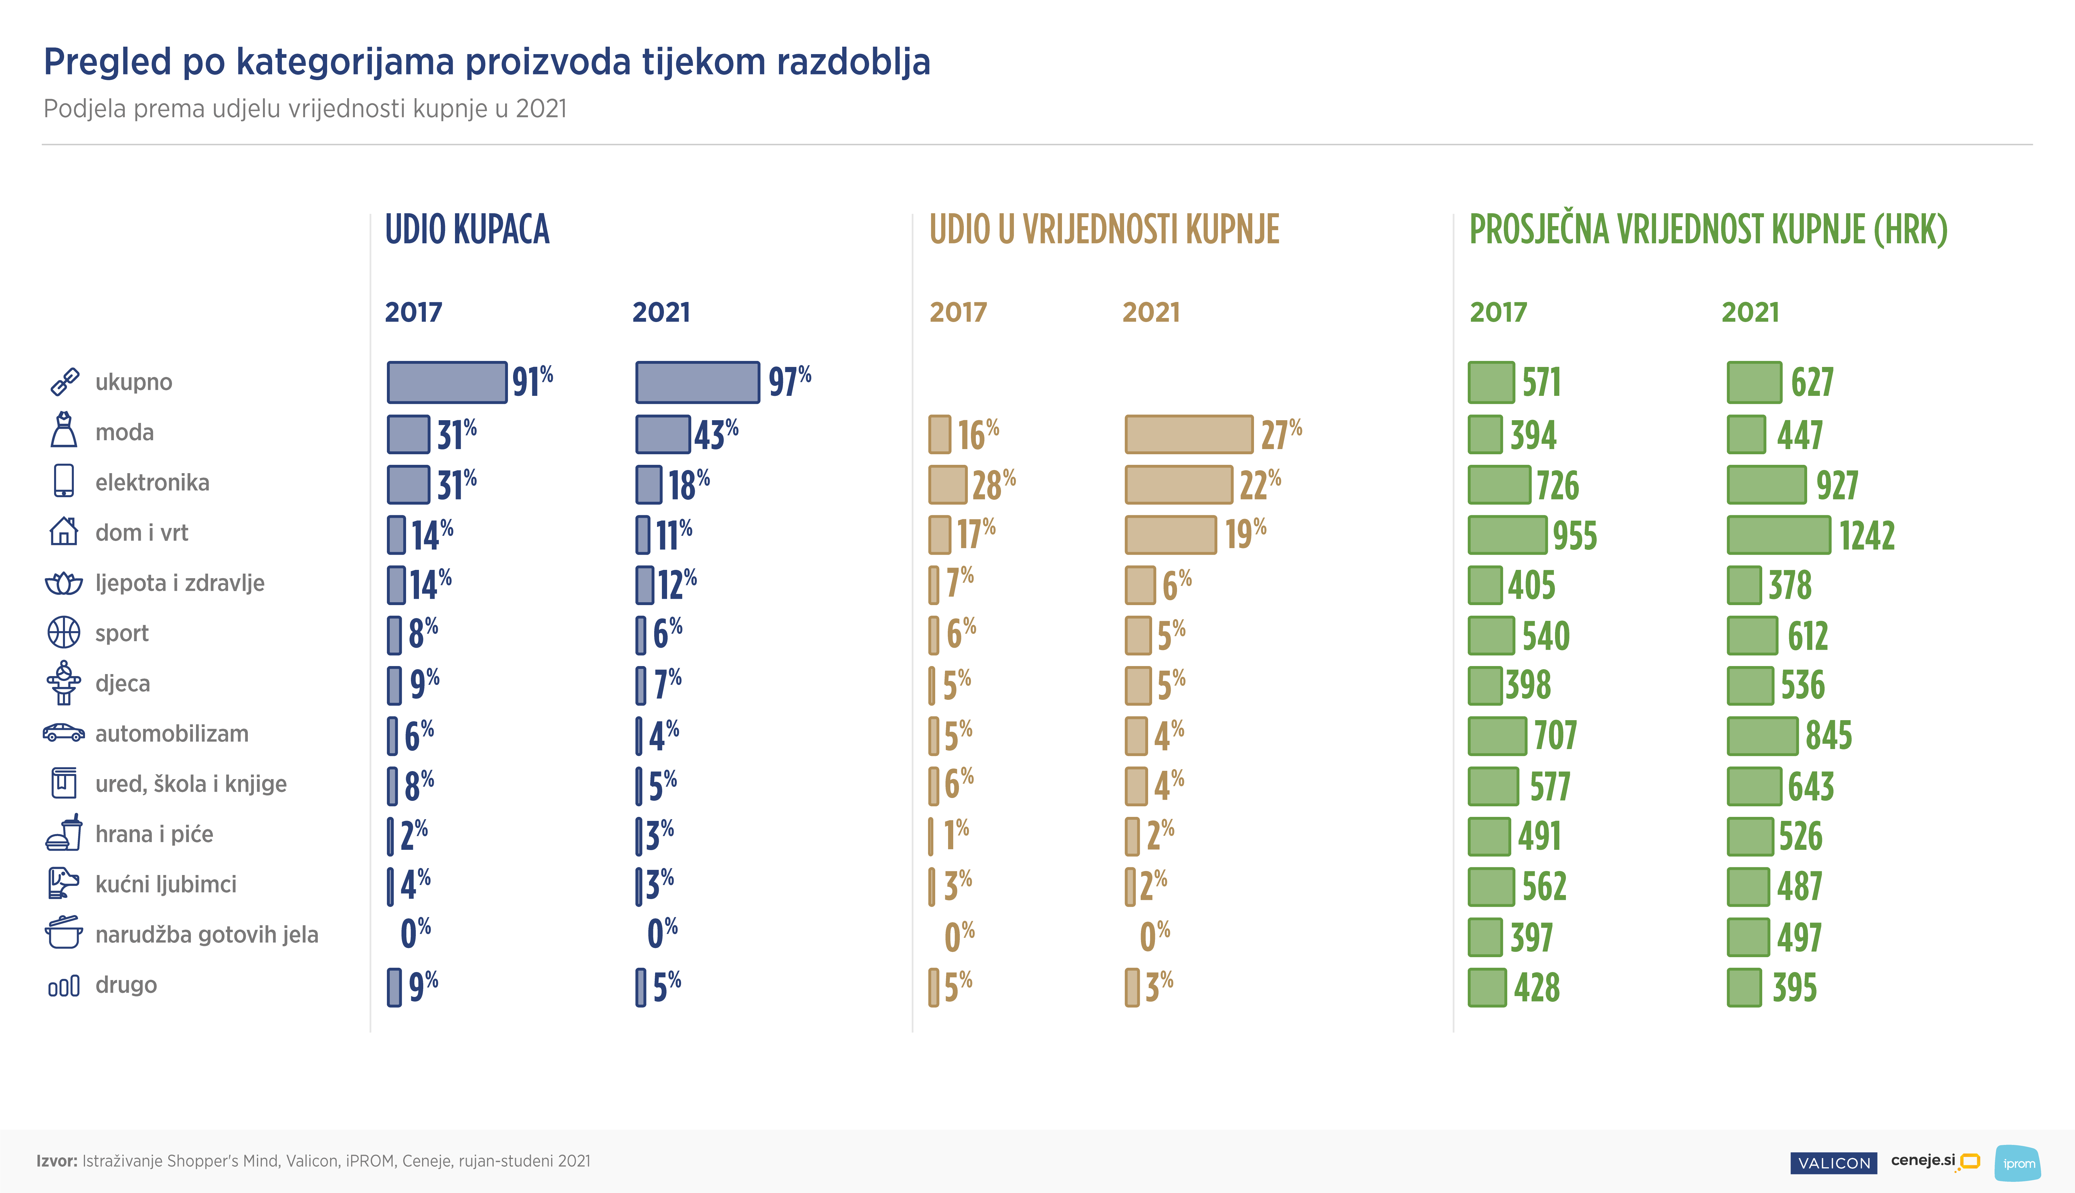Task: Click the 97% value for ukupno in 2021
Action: (x=789, y=382)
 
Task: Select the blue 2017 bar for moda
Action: (x=408, y=434)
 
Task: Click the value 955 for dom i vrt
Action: (x=1574, y=536)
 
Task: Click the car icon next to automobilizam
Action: (x=64, y=732)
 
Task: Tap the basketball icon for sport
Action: (x=64, y=633)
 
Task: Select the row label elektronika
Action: (x=152, y=483)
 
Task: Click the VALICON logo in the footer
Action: (x=1833, y=1163)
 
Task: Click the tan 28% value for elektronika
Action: (x=993, y=485)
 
